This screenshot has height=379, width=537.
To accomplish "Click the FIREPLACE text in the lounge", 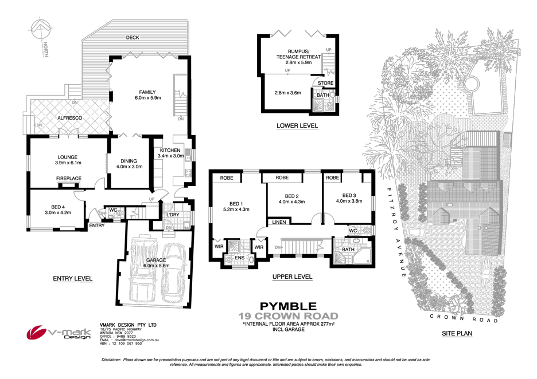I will pos(68,179).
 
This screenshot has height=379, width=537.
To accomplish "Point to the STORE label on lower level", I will pos(326,83).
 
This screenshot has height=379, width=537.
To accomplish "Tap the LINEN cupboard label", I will pos(279,222).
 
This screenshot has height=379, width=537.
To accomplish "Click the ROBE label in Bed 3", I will pos(332,178).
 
